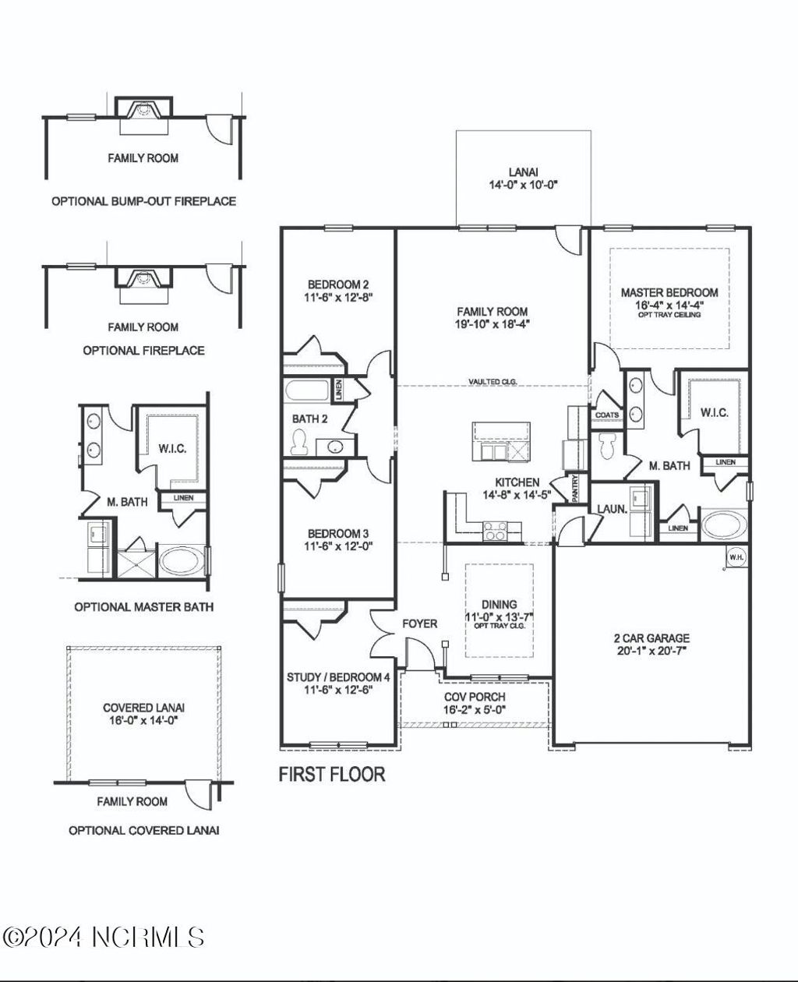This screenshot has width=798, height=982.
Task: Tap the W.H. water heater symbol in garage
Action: [x=735, y=556]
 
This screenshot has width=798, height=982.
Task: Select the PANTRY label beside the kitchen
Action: [x=577, y=489]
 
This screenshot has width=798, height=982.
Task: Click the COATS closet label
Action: [x=607, y=415]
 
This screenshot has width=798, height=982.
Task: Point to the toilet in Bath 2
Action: [x=298, y=443]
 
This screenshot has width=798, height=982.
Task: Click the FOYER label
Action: [x=419, y=623]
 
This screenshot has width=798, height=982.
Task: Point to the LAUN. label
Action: [x=608, y=508]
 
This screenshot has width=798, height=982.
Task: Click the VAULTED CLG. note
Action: [x=493, y=381]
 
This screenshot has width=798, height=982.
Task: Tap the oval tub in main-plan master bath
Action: [x=725, y=525]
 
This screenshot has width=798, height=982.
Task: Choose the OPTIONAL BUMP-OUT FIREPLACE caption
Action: [x=143, y=201]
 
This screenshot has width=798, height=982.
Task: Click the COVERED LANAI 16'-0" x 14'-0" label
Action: [x=144, y=714]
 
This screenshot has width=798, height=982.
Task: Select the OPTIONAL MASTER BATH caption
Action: [x=143, y=606]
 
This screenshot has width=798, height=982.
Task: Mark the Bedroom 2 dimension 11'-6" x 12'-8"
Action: [x=338, y=297]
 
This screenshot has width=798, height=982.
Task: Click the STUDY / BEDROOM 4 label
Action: [x=338, y=676]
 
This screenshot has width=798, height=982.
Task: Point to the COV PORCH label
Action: [x=475, y=696]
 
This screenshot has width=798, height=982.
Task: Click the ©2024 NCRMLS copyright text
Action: [x=104, y=937]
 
